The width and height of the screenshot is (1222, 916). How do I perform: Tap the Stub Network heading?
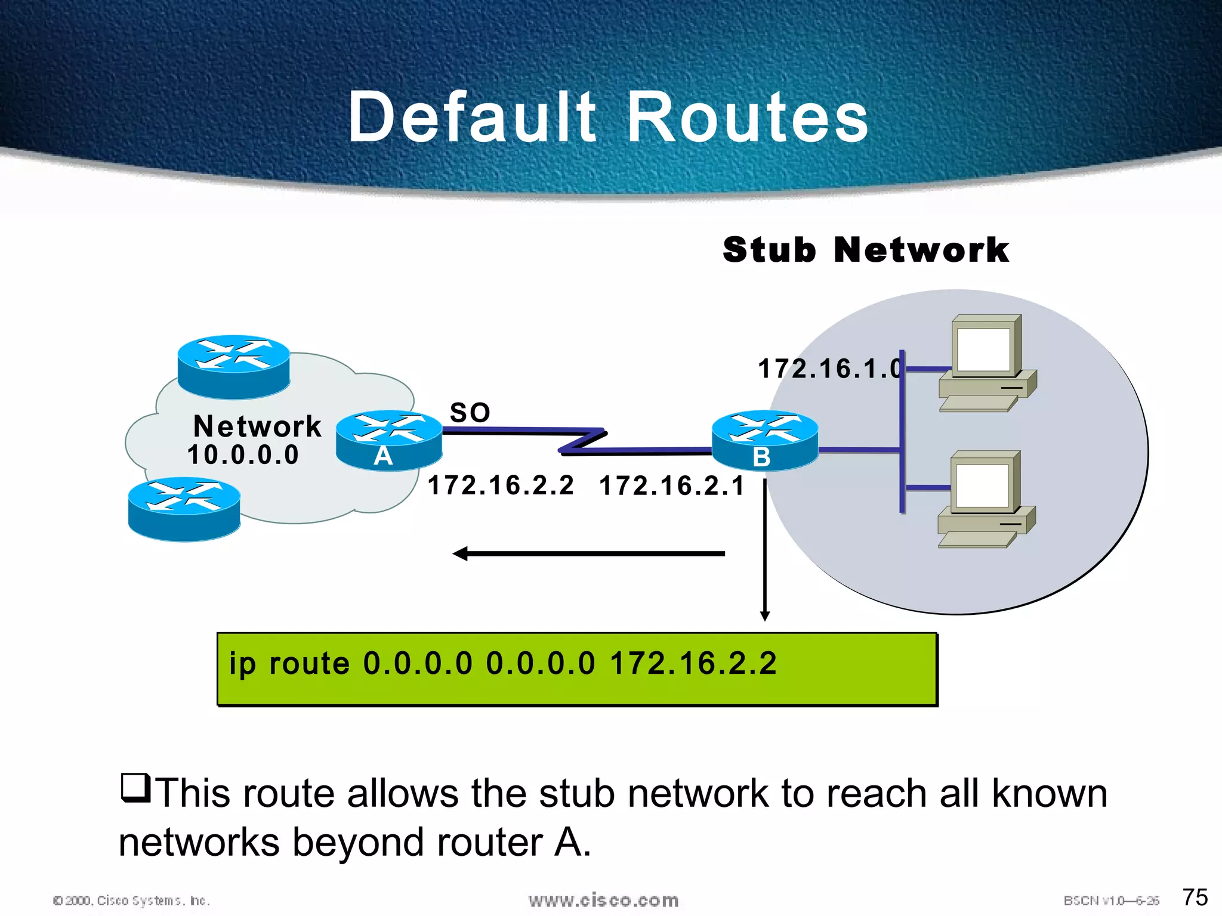coord(865,249)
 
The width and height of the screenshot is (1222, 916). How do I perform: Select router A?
coord(388,441)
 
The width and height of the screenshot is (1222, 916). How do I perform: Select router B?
coord(764,441)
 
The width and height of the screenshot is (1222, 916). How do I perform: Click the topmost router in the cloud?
coord(234,366)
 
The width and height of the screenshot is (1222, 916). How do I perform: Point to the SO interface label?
coord(470,413)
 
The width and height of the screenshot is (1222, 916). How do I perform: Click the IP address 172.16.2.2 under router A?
coord(501,485)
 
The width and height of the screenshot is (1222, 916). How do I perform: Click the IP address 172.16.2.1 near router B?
coord(672,485)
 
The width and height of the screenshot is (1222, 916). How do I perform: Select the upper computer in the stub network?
coord(987,363)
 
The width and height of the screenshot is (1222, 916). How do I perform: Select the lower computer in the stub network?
coord(986,499)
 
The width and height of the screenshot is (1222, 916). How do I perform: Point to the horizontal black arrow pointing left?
coord(588,554)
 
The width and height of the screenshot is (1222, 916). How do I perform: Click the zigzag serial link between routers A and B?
coord(582,441)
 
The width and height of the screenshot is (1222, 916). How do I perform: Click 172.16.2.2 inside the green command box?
coord(693,664)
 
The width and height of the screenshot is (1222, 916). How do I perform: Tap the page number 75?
coord(1195,897)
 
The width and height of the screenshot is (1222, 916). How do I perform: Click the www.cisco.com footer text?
coord(603,900)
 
